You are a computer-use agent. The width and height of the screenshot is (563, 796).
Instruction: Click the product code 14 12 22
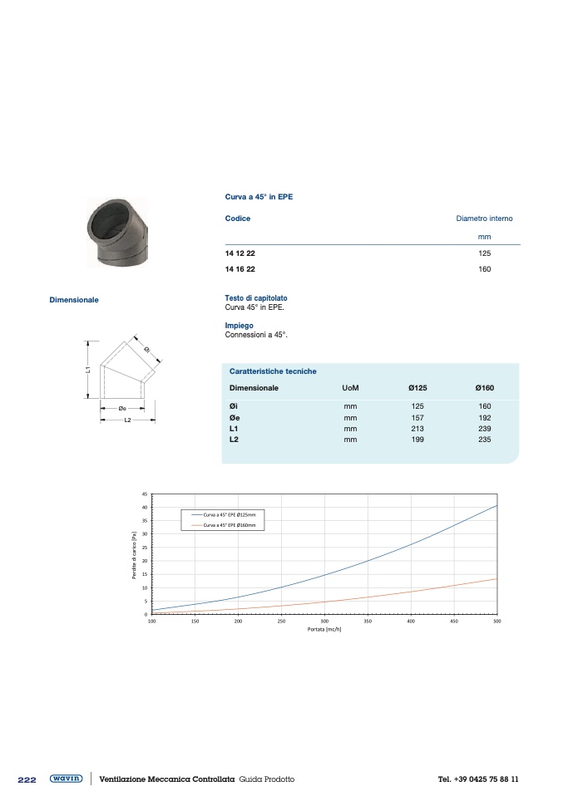pyautogui.click(x=240, y=253)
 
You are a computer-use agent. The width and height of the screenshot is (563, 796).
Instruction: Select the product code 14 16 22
pyautogui.click(x=240, y=269)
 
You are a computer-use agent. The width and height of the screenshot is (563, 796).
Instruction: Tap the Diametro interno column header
pyautogui.click(x=484, y=219)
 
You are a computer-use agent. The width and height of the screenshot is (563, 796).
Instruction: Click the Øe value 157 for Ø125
pyautogui.click(x=417, y=418)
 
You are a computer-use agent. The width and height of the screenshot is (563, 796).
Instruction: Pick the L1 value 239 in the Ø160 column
pyautogui.click(x=485, y=429)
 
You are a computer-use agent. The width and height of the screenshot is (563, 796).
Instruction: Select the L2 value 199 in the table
pyautogui.click(x=417, y=440)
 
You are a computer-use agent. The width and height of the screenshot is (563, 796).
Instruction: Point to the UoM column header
pyautogui.click(x=350, y=388)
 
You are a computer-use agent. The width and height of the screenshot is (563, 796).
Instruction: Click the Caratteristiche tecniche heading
pyautogui.click(x=273, y=371)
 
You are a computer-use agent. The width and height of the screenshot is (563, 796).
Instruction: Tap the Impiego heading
pyautogui.click(x=239, y=326)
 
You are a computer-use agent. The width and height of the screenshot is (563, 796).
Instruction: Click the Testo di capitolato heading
pyautogui.click(x=256, y=298)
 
